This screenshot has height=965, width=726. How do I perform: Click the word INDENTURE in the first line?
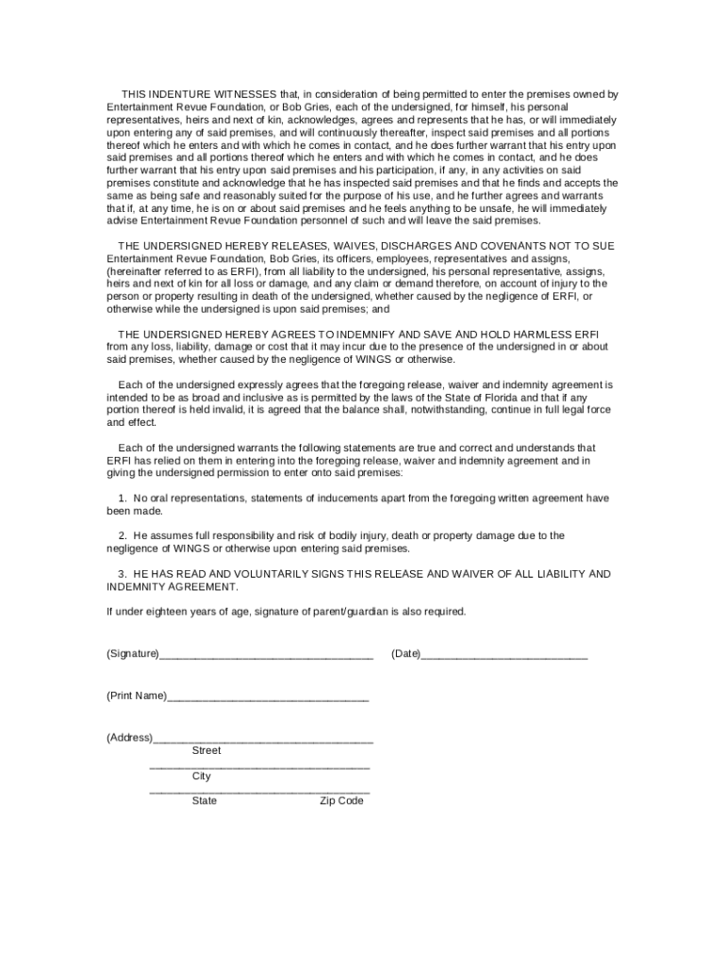pos(181,95)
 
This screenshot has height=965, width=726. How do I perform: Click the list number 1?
pos(123,498)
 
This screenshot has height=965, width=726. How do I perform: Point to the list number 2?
pos(123,535)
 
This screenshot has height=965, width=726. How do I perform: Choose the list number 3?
pos(123,574)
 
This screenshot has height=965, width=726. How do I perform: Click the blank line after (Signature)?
pos(266,655)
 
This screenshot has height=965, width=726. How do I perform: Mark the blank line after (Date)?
pos(503,655)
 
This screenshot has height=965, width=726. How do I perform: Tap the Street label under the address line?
pos(206,751)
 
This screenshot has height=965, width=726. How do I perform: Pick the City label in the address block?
pos(202,777)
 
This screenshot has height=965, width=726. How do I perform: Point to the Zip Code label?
pos(341,801)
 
